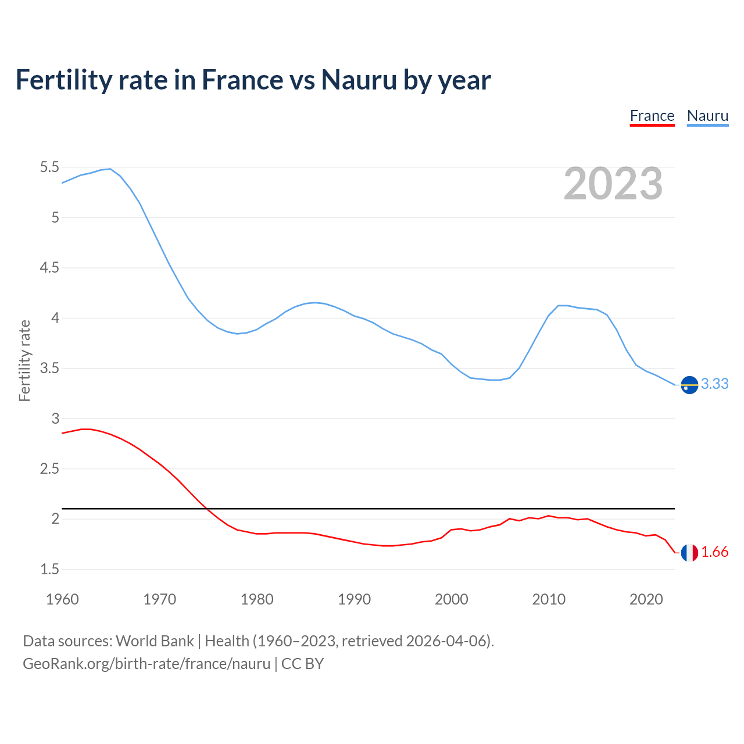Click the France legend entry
pyautogui.click(x=652, y=116)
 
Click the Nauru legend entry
pyautogui.click(x=707, y=116)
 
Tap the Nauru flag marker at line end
pyautogui.click(x=689, y=385)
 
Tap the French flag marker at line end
pyautogui.click(x=689, y=553)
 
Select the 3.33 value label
pyautogui.click(x=714, y=384)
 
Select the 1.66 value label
pyautogui.click(x=714, y=552)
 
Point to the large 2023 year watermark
pyautogui.click(x=613, y=184)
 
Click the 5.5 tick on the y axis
pyautogui.click(x=49, y=167)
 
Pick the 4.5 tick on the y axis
pyautogui.click(x=49, y=268)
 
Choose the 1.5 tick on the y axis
pyautogui.click(x=49, y=569)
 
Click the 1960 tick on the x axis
pyautogui.click(x=62, y=599)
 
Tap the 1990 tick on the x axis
pyautogui.click(x=354, y=599)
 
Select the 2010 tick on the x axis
pyautogui.click(x=549, y=599)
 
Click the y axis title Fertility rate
pyautogui.click(x=24, y=360)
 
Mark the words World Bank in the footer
pyautogui.click(x=155, y=641)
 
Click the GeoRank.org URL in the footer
pyautogui.click(x=146, y=664)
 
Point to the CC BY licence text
pyautogui.click(x=302, y=664)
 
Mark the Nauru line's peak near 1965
pyautogui.click(x=110, y=169)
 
